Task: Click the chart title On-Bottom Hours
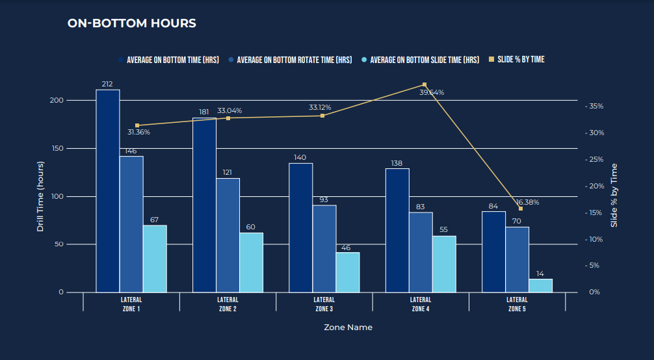tap(132, 23)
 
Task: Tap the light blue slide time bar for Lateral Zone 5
tap(540, 285)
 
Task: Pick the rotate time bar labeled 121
tap(228, 235)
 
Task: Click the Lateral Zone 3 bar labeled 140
tap(300, 227)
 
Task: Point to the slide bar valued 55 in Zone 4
tap(445, 264)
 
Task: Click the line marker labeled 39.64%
tap(425, 84)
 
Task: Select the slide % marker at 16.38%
tap(521, 209)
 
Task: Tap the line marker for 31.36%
tap(137, 125)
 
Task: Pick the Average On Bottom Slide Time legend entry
tap(425, 60)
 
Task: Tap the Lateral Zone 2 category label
tap(228, 304)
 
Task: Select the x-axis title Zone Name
tap(348, 328)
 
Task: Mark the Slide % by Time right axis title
tap(614, 195)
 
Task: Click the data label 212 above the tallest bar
tap(107, 84)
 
